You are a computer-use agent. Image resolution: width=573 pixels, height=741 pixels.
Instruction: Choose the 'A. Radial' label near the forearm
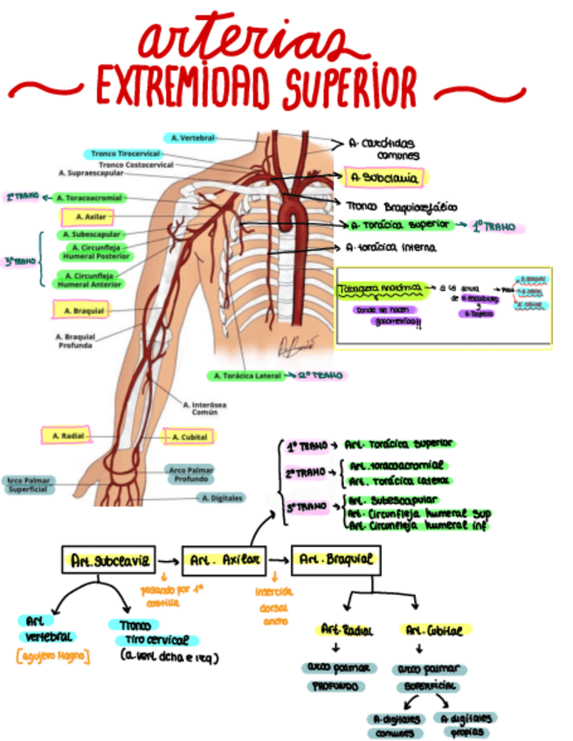tap(66, 435)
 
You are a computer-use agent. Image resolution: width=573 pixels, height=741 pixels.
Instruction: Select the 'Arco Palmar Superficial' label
tap(28, 485)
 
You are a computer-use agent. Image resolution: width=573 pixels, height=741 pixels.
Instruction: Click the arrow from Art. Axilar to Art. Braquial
tap(280, 559)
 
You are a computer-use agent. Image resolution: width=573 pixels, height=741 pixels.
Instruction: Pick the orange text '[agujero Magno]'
tap(50, 655)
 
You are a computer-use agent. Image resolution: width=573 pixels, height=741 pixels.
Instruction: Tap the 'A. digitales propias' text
tap(467, 724)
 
